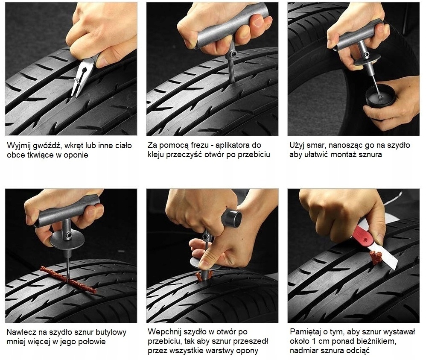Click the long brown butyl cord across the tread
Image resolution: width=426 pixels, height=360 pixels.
[x=68, y=280]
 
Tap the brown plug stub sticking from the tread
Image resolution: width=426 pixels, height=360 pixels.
[x=376, y=257]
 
